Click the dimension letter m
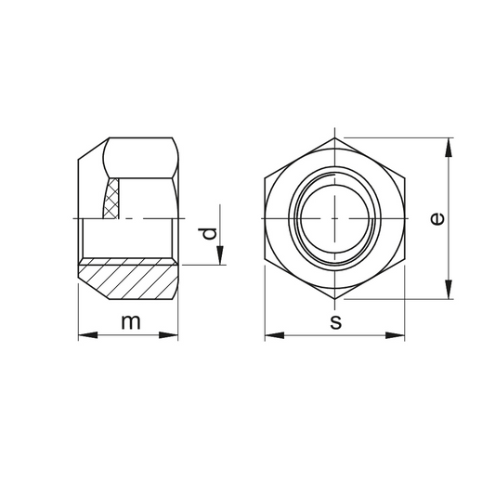tap(131, 322)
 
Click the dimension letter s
tap(335, 322)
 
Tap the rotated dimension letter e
tap(437, 219)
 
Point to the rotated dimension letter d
tap(208, 234)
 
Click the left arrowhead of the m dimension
tap(87, 335)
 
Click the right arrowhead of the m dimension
tap(168, 335)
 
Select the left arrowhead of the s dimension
tap(274, 335)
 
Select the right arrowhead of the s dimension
tap(395, 335)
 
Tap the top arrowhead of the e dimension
tap(448, 148)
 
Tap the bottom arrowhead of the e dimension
tap(448, 290)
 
